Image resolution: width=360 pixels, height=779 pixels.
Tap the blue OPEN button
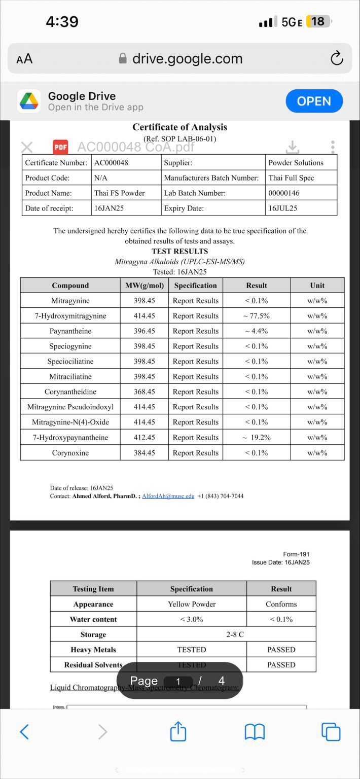(x=314, y=101)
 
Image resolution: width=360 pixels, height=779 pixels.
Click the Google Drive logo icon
(x=29, y=101)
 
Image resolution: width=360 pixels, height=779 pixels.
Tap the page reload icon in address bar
(x=337, y=59)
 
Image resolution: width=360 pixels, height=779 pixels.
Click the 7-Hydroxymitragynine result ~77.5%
(x=256, y=316)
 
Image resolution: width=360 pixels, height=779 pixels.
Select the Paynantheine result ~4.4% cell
(x=256, y=331)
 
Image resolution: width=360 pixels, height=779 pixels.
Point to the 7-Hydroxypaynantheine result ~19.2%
(x=256, y=438)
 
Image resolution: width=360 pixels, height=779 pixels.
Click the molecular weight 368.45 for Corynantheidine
(x=144, y=392)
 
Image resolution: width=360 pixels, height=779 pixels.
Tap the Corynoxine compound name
(x=70, y=453)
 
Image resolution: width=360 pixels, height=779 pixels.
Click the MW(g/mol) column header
(x=145, y=286)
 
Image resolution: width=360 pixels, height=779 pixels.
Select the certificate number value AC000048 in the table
(x=111, y=163)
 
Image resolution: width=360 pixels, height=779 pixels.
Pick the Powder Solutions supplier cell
(x=296, y=163)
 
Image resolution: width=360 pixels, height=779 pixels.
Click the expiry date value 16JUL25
(x=283, y=208)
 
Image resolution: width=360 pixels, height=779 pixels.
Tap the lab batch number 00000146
(x=284, y=193)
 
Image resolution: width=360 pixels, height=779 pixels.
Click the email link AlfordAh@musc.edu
(x=168, y=496)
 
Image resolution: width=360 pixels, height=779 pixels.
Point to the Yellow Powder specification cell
(x=192, y=604)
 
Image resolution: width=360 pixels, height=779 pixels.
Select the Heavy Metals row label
(x=93, y=650)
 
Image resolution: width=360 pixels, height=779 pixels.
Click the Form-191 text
(x=296, y=554)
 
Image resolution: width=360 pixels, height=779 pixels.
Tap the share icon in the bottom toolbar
(x=178, y=732)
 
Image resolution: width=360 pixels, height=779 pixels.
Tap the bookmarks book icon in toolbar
(x=255, y=732)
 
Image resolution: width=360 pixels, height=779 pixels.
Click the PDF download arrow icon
(x=292, y=147)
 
